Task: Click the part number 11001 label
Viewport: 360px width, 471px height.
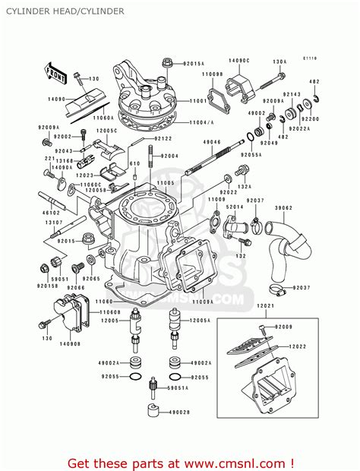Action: click(199, 100)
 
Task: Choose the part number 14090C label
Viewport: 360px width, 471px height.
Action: click(239, 59)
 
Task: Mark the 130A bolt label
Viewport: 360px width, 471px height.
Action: click(279, 62)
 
